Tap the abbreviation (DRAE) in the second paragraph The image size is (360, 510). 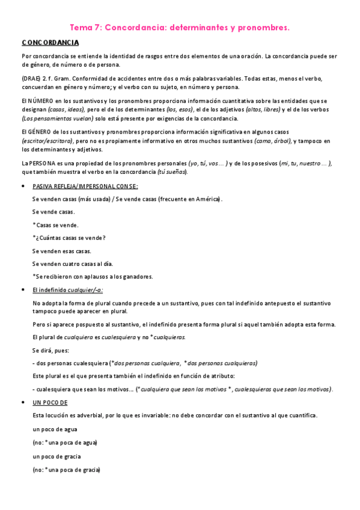(x=31, y=79)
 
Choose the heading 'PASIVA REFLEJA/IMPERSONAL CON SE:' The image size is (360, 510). (x=85, y=186)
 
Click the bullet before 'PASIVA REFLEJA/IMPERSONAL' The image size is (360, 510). (x=23, y=186)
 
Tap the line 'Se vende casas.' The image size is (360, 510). (x=53, y=212)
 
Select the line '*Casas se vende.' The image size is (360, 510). (x=55, y=225)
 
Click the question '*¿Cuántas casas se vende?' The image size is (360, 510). (x=69, y=238)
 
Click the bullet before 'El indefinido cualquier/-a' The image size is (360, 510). (x=23, y=290)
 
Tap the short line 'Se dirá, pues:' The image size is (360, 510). (x=50, y=349)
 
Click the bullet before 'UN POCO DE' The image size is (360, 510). (x=23, y=402)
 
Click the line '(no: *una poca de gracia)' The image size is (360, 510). (x=66, y=470)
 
